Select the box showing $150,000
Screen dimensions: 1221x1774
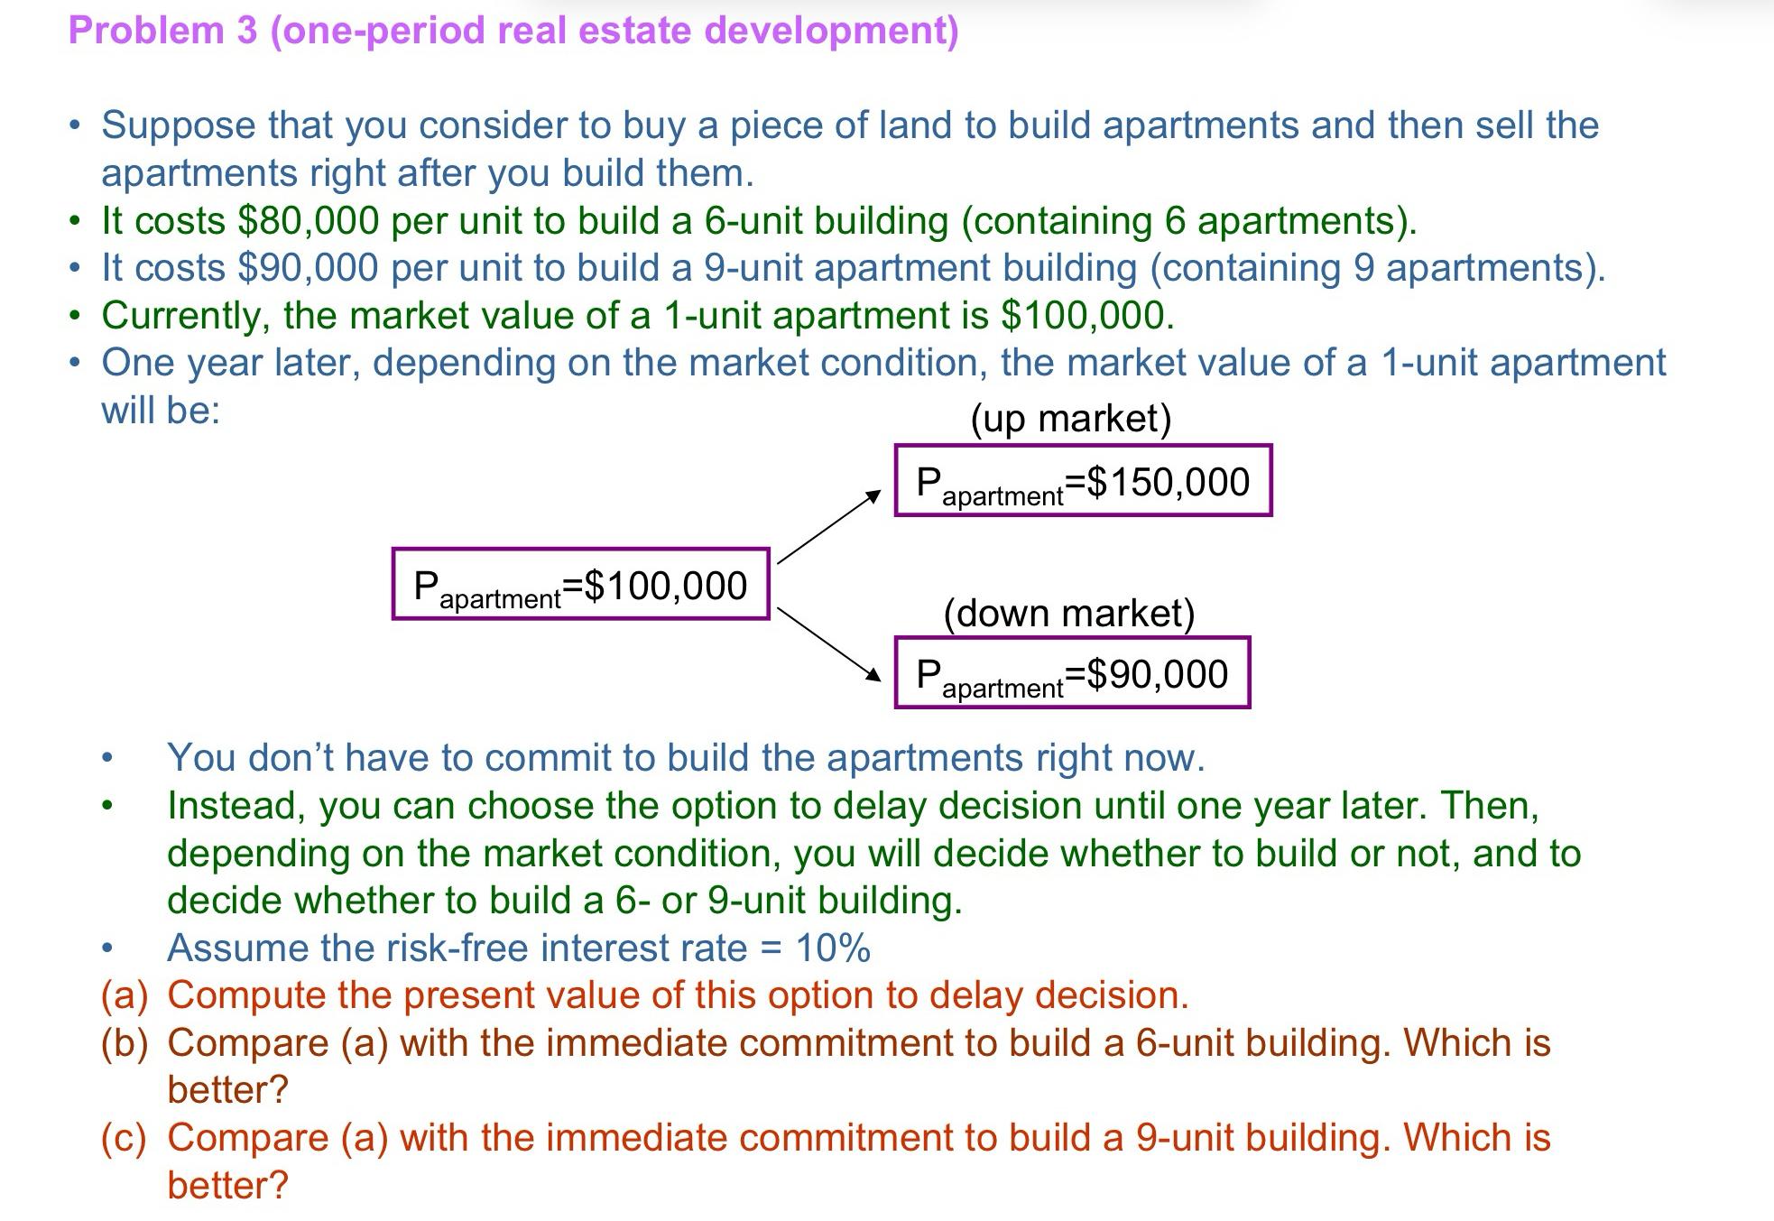1083,481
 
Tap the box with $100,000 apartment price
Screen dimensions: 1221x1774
580,585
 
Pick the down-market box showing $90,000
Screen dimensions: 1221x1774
1072,673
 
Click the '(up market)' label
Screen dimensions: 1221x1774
1071,419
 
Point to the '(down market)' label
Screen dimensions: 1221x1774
1069,614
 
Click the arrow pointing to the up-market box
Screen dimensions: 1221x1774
828,527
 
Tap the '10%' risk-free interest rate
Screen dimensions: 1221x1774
833,948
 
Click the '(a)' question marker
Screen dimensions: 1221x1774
124,995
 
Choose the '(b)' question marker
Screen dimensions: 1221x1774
124,1043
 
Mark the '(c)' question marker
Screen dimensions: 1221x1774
124,1138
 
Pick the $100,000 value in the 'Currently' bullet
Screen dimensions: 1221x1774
1086,316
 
